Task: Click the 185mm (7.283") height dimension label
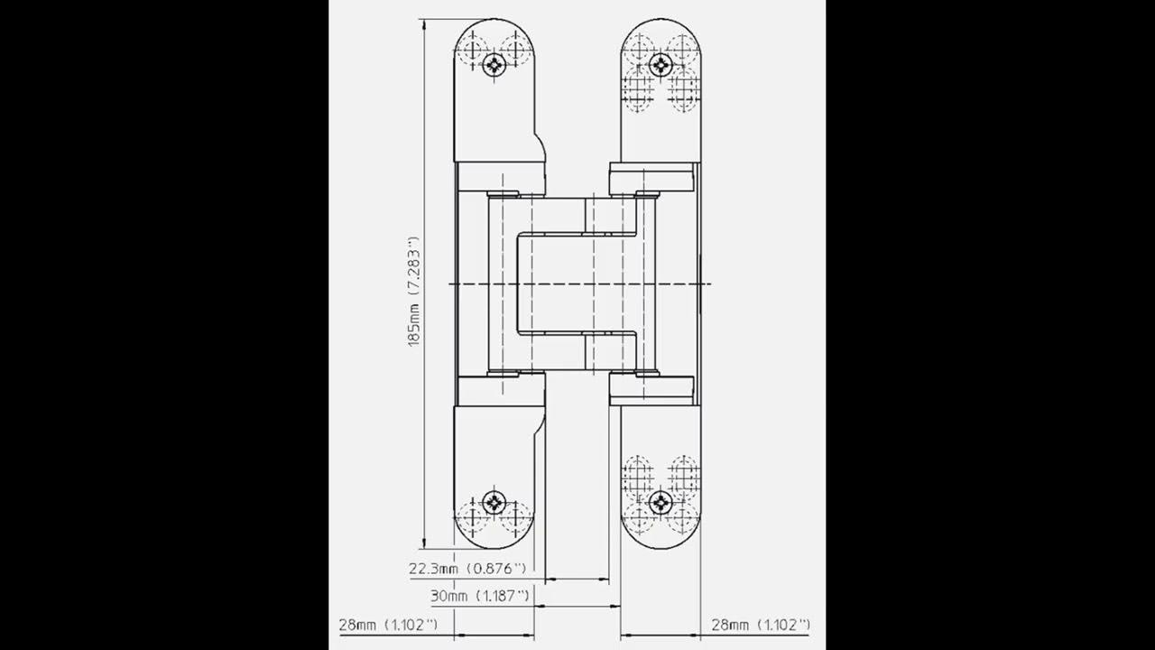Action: [414, 292]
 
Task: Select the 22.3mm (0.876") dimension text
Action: [467, 569]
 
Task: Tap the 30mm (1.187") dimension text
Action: [479, 596]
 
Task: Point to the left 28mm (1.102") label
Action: [388, 625]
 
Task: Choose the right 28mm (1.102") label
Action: [761, 625]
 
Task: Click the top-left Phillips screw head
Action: [494, 64]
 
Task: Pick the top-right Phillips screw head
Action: [661, 64]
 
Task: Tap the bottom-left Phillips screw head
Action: [494, 502]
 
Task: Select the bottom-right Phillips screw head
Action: [661, 502]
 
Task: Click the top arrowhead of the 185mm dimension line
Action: [424, 24]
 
